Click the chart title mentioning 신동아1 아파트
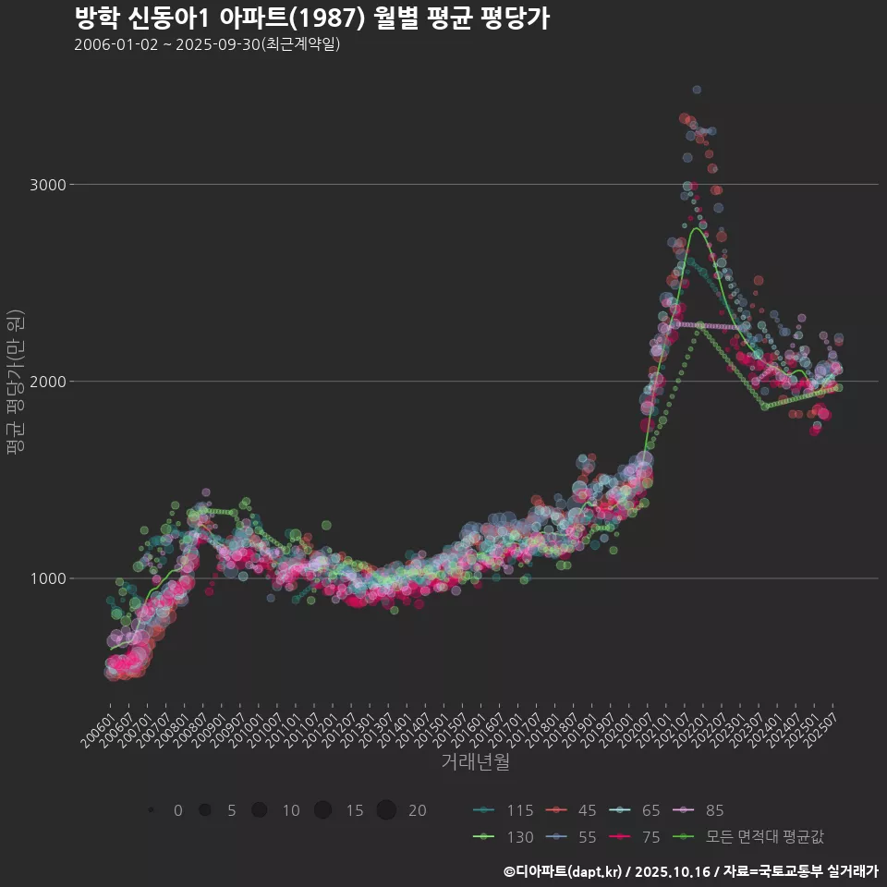(311, 18)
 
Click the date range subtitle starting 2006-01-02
(207, 44)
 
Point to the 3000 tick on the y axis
(48, 185)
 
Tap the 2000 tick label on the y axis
(48, 382)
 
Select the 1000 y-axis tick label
(48, 578)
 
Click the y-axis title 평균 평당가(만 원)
(15, 382)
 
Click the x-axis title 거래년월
(475, 761)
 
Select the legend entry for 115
(504, 811)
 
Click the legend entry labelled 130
(504, 837)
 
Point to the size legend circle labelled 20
(386, 810)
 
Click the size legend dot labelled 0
(151, 810)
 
